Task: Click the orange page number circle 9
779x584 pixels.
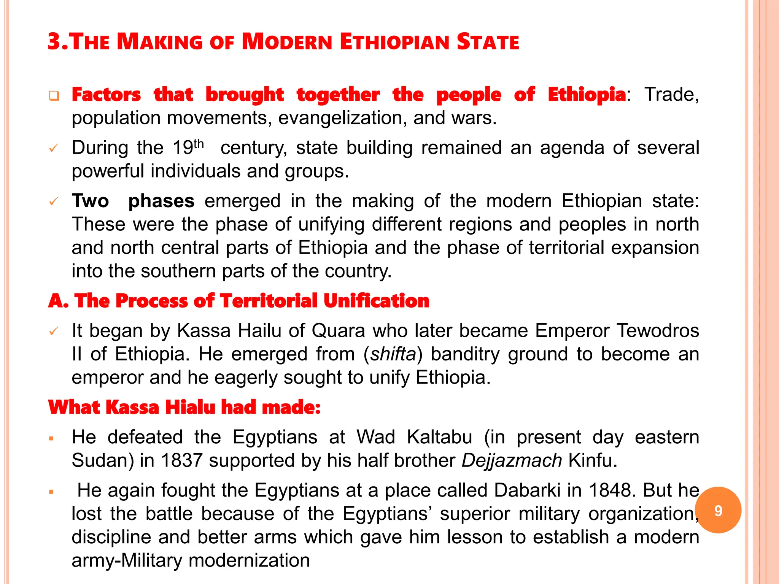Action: [718, 510]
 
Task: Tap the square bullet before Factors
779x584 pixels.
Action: [54, 95]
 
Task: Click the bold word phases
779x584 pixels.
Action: [161, 201]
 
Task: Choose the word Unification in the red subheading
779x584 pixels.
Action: [377, 301]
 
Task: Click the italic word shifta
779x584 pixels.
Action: [393, 354]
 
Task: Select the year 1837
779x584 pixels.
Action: [181, 460]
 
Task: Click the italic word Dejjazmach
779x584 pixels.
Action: [512, 460]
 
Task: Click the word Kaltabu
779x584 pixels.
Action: [439, 437]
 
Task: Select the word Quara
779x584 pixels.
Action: [339, 330]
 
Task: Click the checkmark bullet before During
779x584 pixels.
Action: [54, 148]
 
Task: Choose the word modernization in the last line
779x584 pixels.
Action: [249, 560]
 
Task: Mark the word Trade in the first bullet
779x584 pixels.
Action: [671, 94]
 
